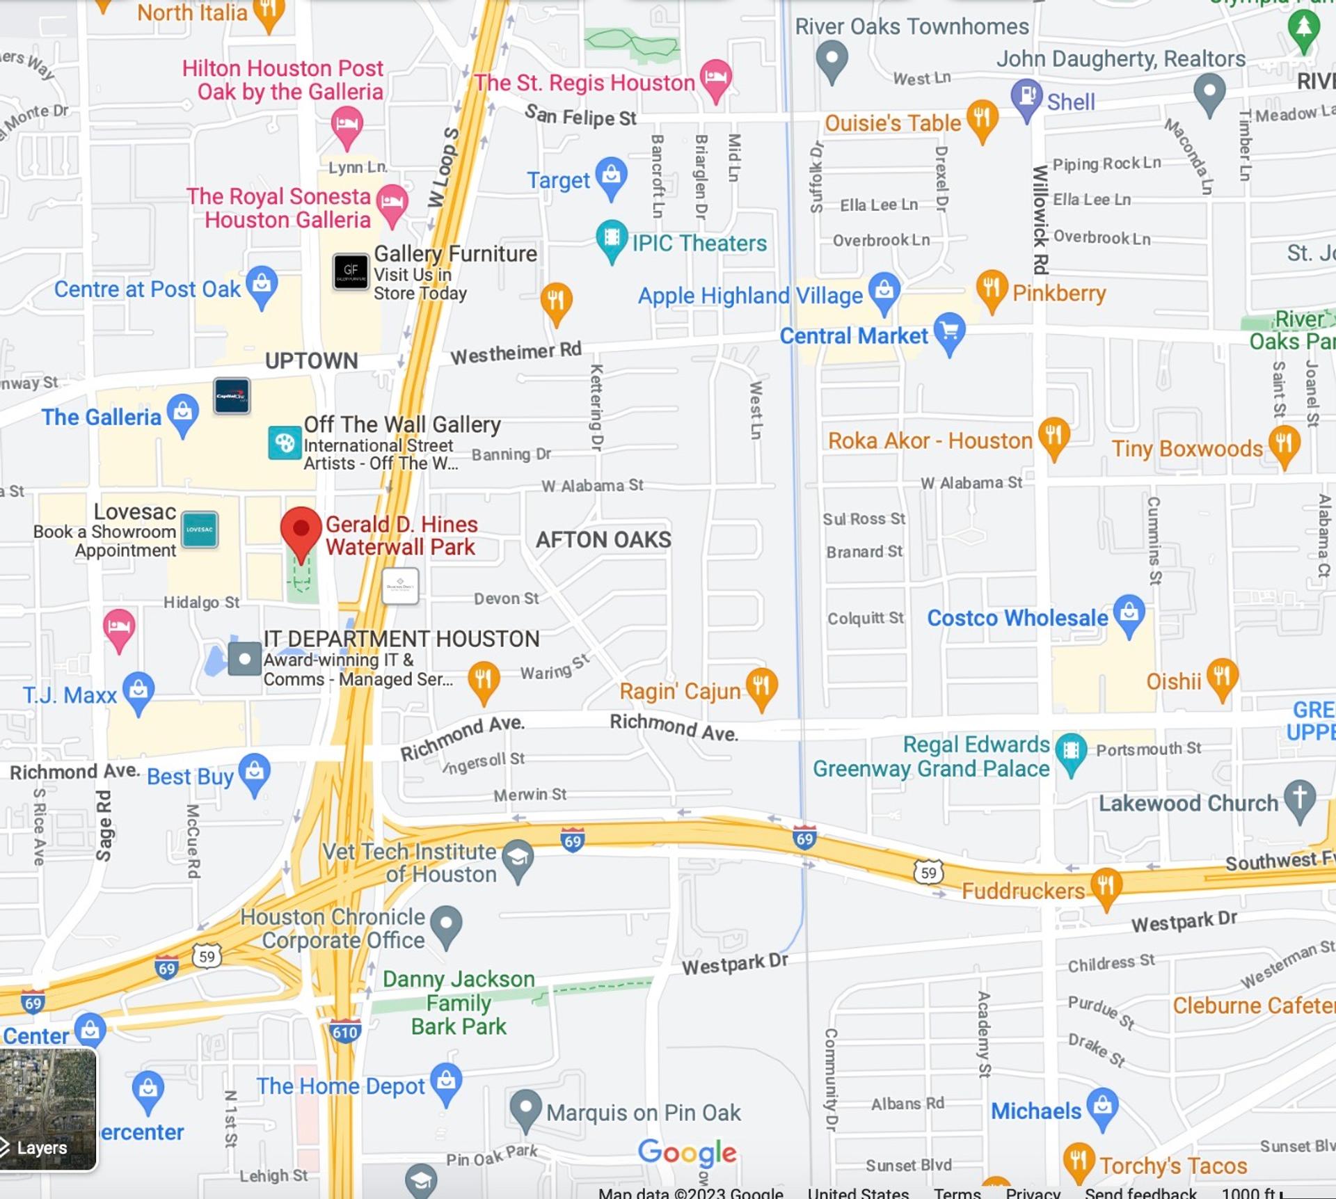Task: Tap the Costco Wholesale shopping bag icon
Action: (x=1129, y=612)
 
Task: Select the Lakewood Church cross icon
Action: (x=1299, y=798)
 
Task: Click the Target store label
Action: (x=558, y=180)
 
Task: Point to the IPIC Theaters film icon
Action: (x=612, y=239)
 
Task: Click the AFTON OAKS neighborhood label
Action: (x=603, y=539)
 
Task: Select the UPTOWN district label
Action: (x=311, y=360)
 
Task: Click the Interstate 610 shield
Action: (x=345, y=1031)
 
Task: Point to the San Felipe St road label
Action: (x=580, y=116)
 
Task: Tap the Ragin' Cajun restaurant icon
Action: (x=761, y=686)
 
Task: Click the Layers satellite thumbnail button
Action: (x=48, y=1110)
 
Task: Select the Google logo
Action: (x=687, y=1152)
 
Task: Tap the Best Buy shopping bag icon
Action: (x=254, y=771)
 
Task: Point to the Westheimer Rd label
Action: (x=516, y=353)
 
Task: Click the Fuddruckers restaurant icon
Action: (x=1106, y=885)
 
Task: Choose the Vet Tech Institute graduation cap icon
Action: (x=518, y=858)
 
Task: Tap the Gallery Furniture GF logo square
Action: (x=351, y=271)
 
